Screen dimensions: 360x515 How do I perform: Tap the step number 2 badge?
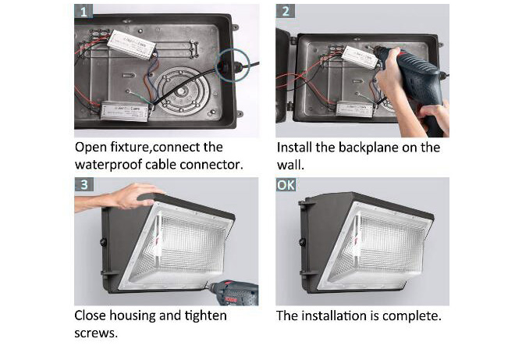coord(286,12)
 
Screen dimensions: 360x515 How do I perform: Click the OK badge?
coord(286,186)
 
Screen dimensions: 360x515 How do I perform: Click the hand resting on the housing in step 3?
coord(136,196)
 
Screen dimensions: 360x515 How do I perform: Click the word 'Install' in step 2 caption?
coord(297,147)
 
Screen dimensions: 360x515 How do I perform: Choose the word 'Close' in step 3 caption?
coord(93,316)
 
